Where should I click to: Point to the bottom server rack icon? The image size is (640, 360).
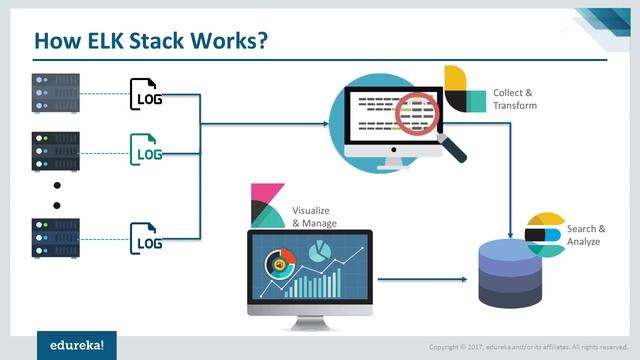pyautogui.click(x=56, y=238)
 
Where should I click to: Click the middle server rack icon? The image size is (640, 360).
pyautogui.click(x=56, y=150)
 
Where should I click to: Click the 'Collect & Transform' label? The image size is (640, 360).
pyautogui.click(x=515, y=98)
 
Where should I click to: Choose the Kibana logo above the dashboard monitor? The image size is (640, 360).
pyautogui.click(x=266, y=204)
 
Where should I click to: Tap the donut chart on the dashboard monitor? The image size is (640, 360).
pyautogui.click(x=278, y=264)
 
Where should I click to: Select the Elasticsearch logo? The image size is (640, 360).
pyautogui.click(x=546, y=232)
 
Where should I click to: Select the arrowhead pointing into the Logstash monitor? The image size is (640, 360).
pyautogui.click(x=324, y=124)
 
